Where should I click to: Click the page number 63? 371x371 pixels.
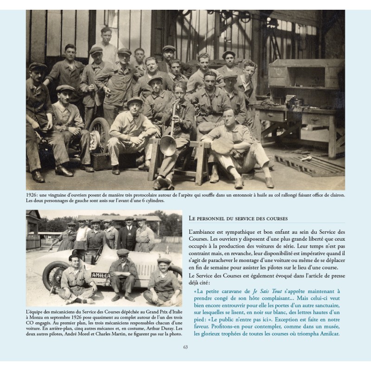[x=185, y=347]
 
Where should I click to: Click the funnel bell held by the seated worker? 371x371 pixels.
[x=168, y=145]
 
